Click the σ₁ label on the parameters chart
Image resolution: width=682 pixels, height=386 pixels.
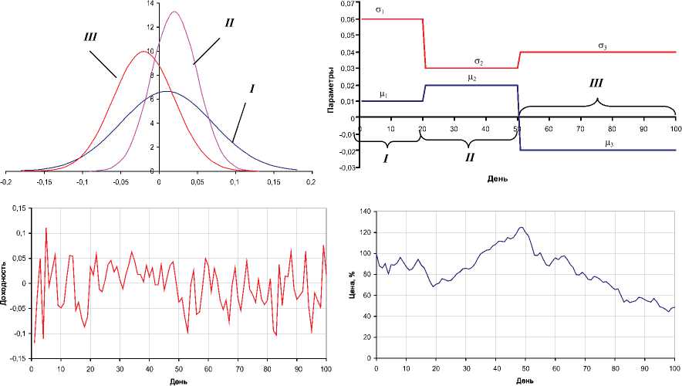tap(379, 10)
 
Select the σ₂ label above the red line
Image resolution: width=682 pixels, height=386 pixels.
tap(478, 61)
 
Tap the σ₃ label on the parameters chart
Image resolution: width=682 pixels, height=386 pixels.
tap(602, 46)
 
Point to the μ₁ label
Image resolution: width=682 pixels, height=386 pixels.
tap(383, 94)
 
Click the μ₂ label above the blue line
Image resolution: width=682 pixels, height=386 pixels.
tap(472, 78)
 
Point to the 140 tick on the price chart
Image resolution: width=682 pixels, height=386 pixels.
tap(363, 211)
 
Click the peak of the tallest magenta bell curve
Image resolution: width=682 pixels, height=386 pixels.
tap(174, 12)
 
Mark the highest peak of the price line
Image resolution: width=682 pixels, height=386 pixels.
tap(522, 227)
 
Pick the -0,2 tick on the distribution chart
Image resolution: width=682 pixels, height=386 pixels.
tap(7, 182)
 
